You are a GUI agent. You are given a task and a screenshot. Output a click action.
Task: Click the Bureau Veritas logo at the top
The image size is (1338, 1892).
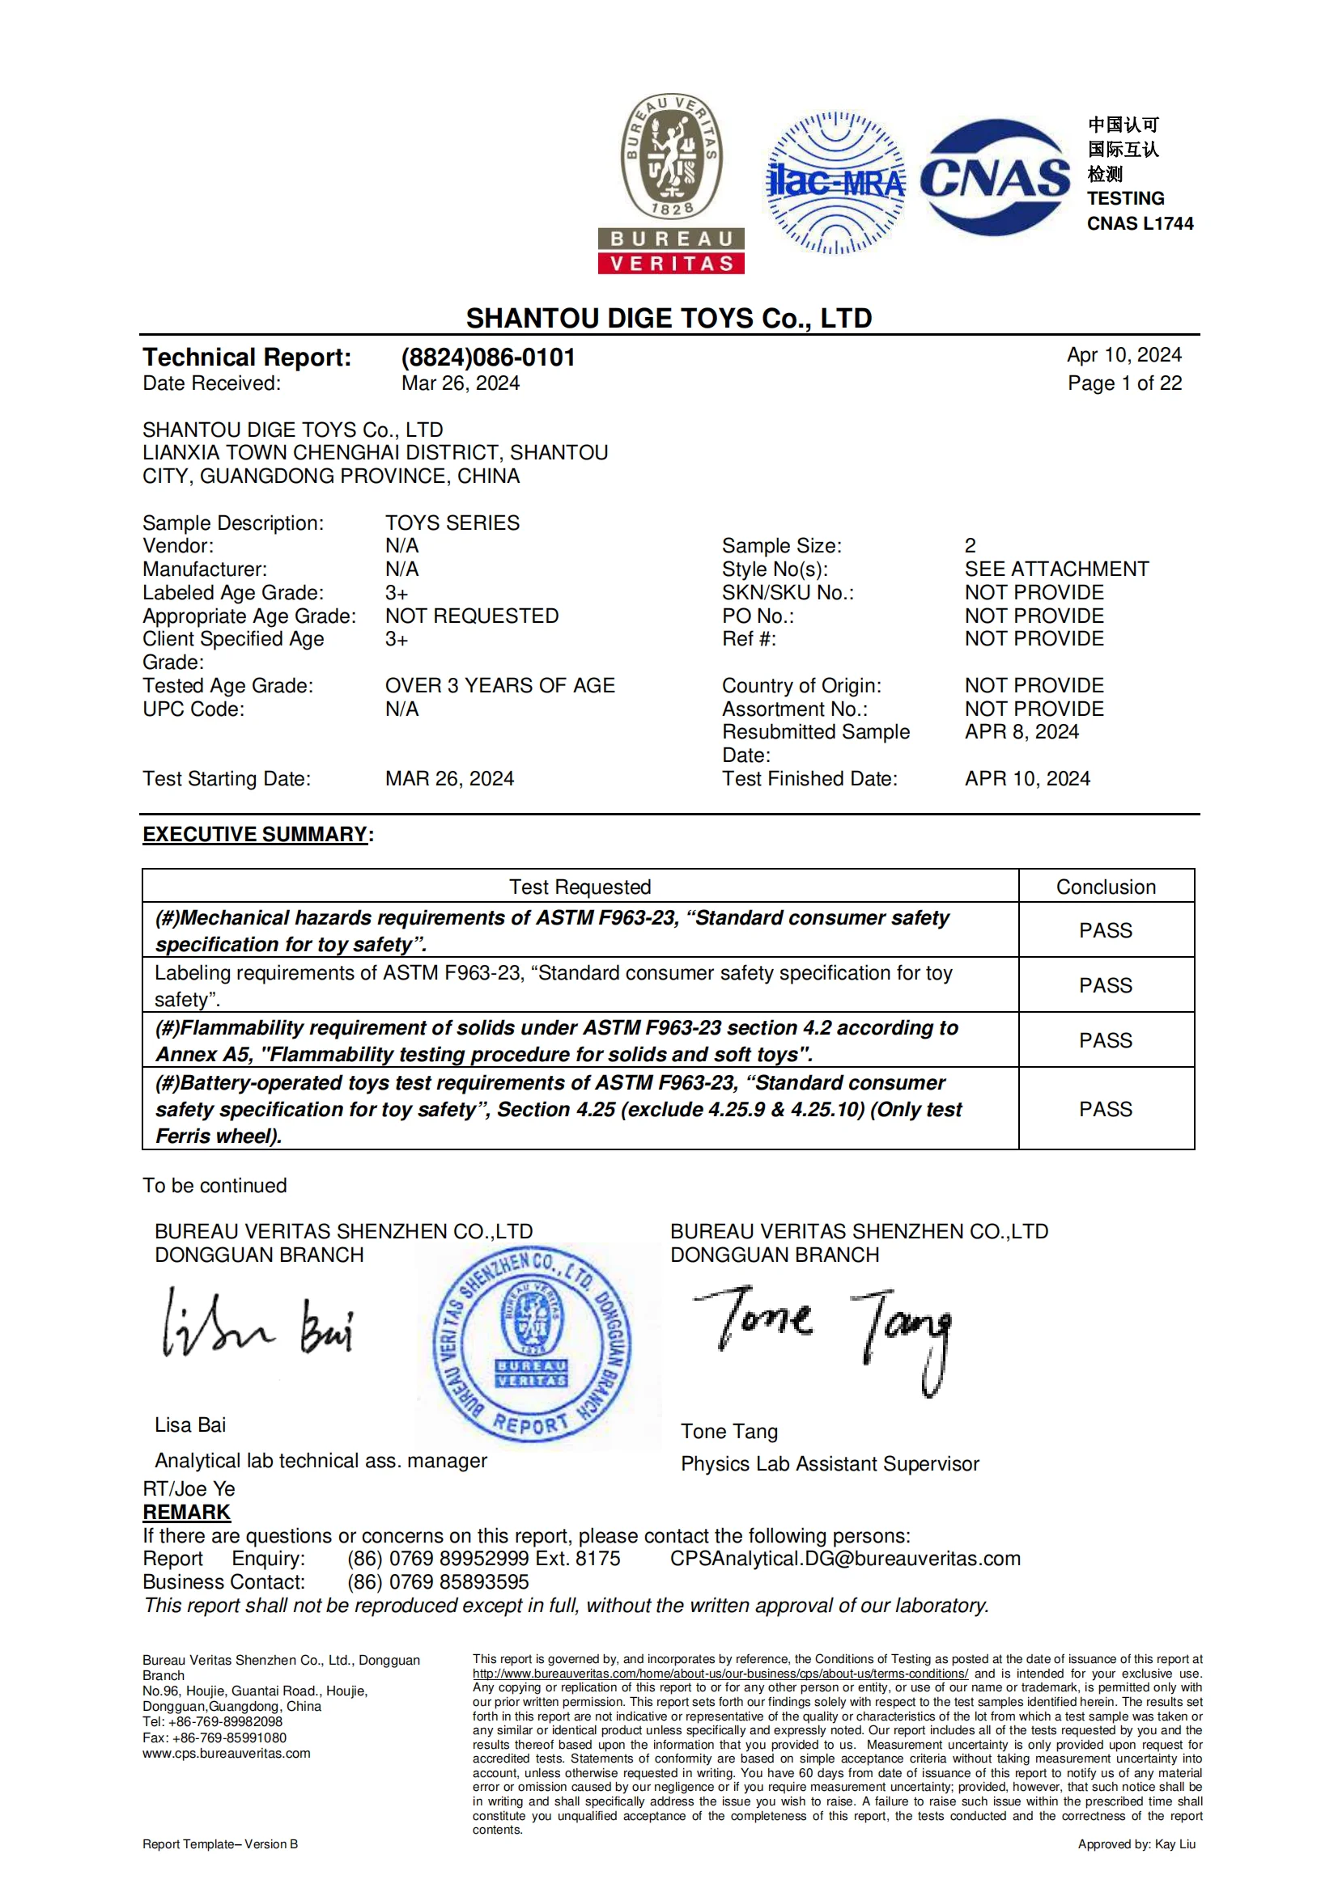click(x=671, y=183)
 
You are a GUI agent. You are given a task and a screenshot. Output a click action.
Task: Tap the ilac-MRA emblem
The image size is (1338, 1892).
click(x=835, y=182)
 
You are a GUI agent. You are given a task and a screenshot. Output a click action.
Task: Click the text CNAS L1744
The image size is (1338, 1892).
click(x=1140, y=223)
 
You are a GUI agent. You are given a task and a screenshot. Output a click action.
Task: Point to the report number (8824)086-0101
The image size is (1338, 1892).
click(x=488, y=357)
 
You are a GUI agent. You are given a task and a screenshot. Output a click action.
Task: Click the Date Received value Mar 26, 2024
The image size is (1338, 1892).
click(x=460, y=383)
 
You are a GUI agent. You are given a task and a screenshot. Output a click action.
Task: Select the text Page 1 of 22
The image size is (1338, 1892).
click(x=1123, y=383)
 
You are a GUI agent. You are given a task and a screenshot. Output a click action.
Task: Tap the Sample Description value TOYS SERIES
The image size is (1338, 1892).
click(x=452, y=523)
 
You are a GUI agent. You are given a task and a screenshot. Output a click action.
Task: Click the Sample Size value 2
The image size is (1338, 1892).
click(x=970, y=545)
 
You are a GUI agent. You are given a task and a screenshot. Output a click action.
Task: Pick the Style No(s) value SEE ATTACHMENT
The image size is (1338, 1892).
click(x=1056, y=569)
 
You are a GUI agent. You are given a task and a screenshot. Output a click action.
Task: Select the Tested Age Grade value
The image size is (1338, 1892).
click(x=499, y=685)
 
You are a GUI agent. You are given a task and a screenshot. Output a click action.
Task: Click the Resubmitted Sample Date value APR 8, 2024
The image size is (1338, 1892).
click(x=1022, y=732)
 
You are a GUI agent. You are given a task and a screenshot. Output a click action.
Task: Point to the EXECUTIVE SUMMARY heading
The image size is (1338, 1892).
click(x=255, y=834)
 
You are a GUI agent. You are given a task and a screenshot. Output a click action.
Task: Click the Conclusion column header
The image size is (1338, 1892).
click(x=1106, y=887)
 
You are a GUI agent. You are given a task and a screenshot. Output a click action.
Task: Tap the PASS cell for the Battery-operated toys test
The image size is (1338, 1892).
click(x=1106, y=1108)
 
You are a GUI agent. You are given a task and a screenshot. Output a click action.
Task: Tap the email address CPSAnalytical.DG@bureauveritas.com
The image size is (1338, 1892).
click(x=845, y=1558)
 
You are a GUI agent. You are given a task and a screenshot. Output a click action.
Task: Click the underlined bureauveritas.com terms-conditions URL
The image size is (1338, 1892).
click(x=720, y=1674)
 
